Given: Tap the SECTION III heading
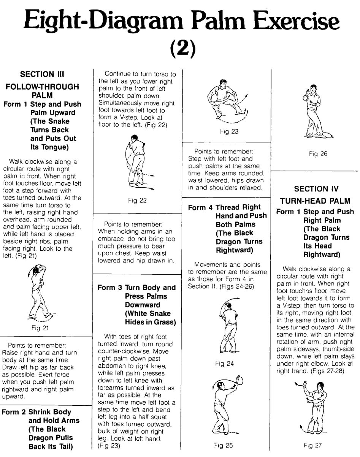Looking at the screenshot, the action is pyautogui.click(x=42, y=74).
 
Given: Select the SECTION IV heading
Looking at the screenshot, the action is pyautogui.click(x=316, y=188).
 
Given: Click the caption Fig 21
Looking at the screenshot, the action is pyautogui.click(x=40, y=328).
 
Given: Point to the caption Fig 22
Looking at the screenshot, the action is pyautogui.click(x=137, y=201).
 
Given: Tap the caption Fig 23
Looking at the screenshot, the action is pyautogui.click(x=229, y=131).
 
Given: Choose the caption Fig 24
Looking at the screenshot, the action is pyautogui.click(x=224, y=364).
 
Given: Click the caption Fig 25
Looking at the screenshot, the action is pyautogui.click(x=224, y=445).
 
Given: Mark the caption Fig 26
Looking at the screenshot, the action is pyautogui.click(x=318, y=153).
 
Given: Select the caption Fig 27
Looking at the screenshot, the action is pyautogui.click(x=312, y=445).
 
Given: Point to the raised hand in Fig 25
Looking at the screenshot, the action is pyautogui.click(x=238, y=381).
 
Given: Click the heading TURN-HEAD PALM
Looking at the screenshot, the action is pyautogui.click(x=315, y=201).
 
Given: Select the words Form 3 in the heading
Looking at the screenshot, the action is pyautogui.click(x=109, y=288).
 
